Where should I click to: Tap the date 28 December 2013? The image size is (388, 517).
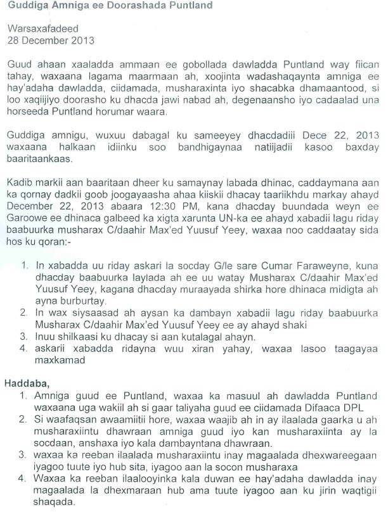50,40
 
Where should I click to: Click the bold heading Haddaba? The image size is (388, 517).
25,383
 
